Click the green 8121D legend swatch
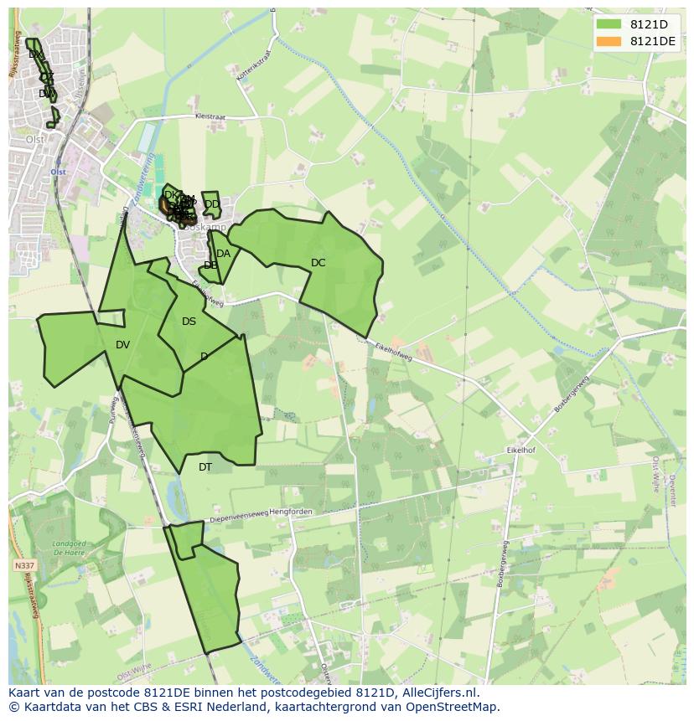[609, 24]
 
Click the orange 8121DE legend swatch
[609, 41]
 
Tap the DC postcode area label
[318, 263]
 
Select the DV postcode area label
[123, 345]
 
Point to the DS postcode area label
[189, 322]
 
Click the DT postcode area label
[205, 467]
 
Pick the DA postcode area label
[223, 254]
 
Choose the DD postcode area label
[212, 204]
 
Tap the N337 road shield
[24, 566]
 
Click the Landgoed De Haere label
[70, 548]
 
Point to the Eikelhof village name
[520, 450]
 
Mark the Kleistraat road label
[210, 117]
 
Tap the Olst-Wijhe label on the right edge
[655, 473]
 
